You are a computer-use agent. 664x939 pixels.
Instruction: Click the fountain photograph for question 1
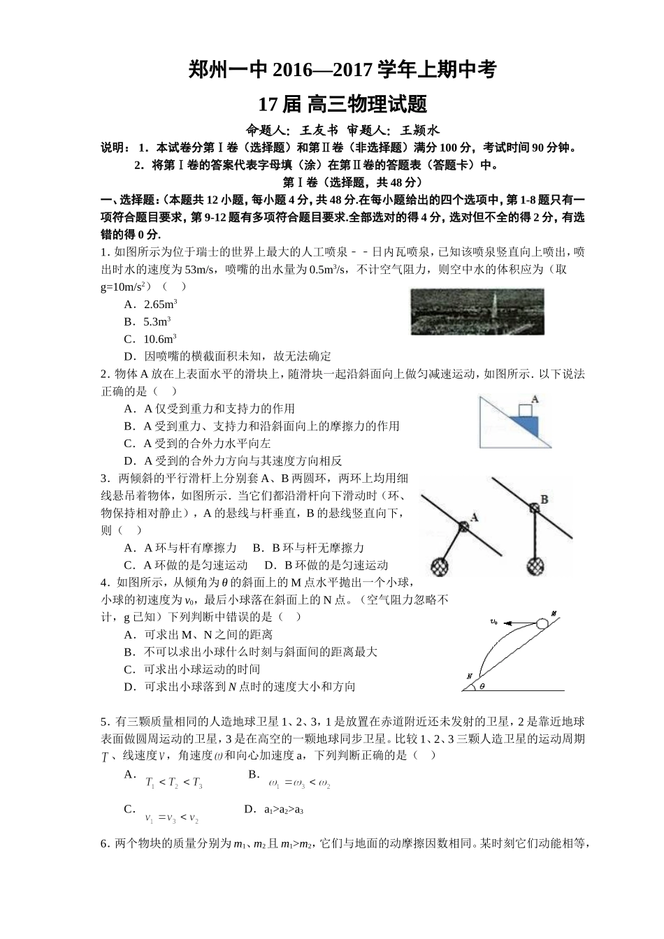(x=477, y=312)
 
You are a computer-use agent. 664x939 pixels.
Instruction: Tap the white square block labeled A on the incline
(x=524, y=410)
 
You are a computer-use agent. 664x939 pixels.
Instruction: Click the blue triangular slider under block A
(x=526, y=424)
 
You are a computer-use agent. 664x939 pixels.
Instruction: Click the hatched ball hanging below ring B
(x=535, y=564)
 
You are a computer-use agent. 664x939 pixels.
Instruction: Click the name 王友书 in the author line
(x=319, y=130)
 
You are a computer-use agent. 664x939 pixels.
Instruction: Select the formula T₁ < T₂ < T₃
(x=174, y=784)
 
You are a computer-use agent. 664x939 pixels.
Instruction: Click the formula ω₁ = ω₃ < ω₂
(x=299, y=784)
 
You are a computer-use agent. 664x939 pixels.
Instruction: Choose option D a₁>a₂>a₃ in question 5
(x=283, y=810)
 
